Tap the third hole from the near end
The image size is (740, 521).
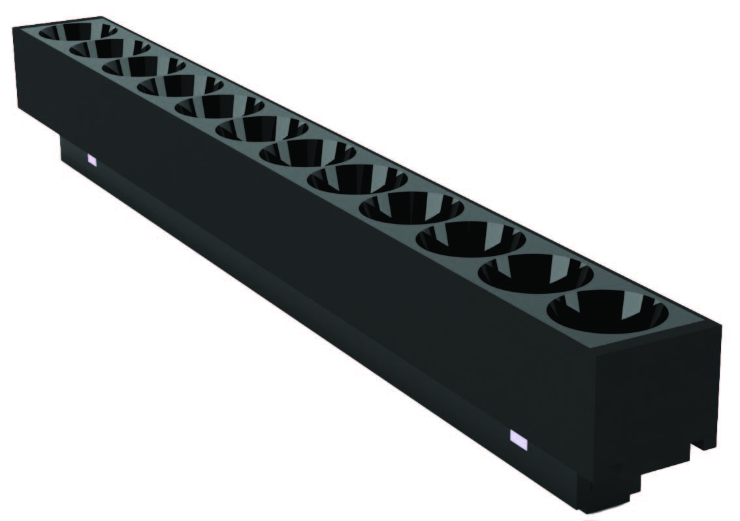[x=470, y=239]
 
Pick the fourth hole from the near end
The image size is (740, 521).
[x=411, y=208]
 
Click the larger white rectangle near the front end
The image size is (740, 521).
[x=518, y=440]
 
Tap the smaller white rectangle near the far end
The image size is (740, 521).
[x=92, y=159]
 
